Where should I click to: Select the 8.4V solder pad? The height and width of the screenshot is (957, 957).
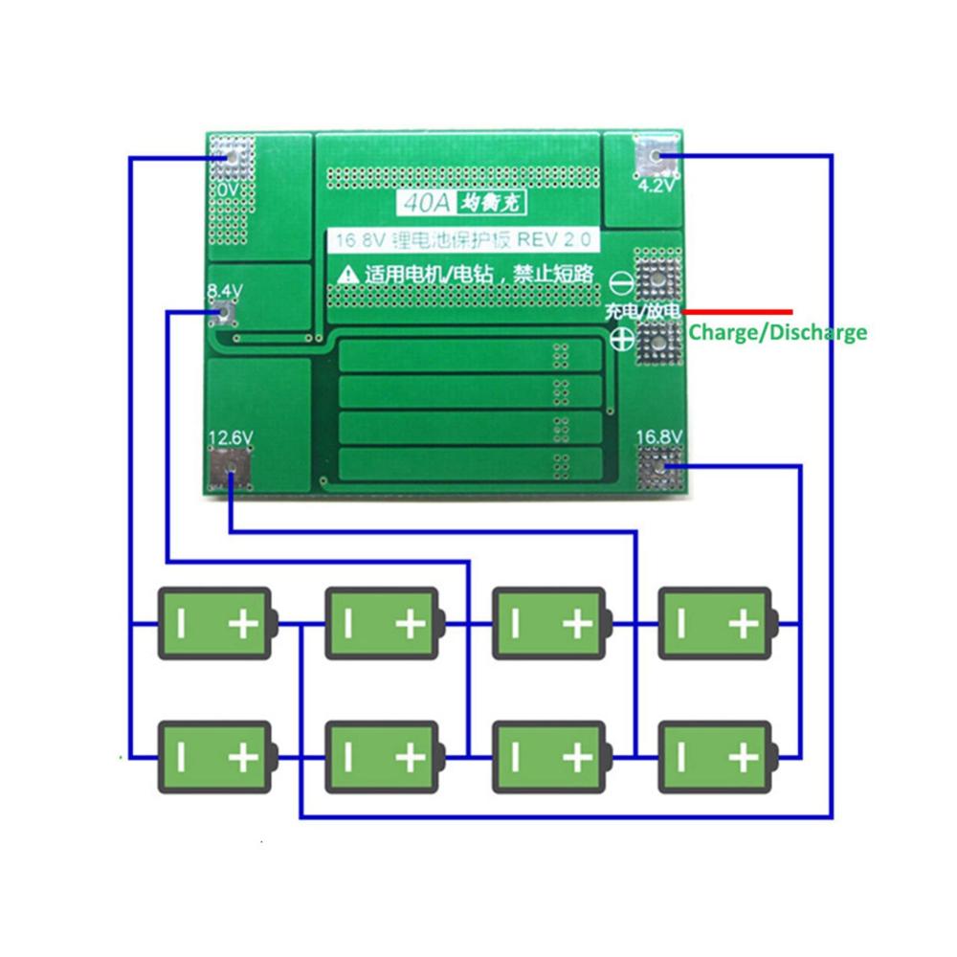point(228,311)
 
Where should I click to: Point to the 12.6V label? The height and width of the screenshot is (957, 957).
point(231,438)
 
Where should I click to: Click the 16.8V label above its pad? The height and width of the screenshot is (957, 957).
point(659,437)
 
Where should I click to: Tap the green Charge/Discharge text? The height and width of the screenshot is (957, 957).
point(777,333)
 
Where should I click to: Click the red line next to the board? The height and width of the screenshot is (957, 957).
point(738,311)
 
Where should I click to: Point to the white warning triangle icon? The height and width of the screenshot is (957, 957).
point(346,275)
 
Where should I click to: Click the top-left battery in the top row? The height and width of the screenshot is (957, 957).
point(216,623)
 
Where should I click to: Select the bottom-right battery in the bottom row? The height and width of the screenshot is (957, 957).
point(716,757)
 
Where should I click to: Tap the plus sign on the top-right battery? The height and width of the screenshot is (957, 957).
point(742,624)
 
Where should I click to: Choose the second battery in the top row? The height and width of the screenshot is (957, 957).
point(384,623)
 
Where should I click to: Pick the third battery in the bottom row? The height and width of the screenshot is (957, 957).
point(549,757)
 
